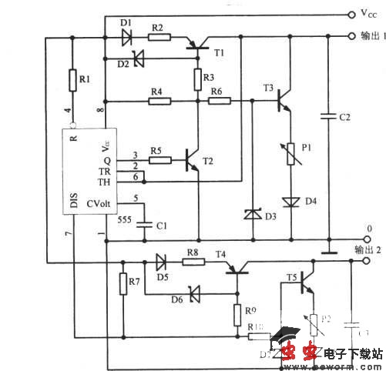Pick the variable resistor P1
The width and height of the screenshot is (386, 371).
click(x=290, y=158)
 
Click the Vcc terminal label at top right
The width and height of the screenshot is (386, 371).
click(x=368, y=14)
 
